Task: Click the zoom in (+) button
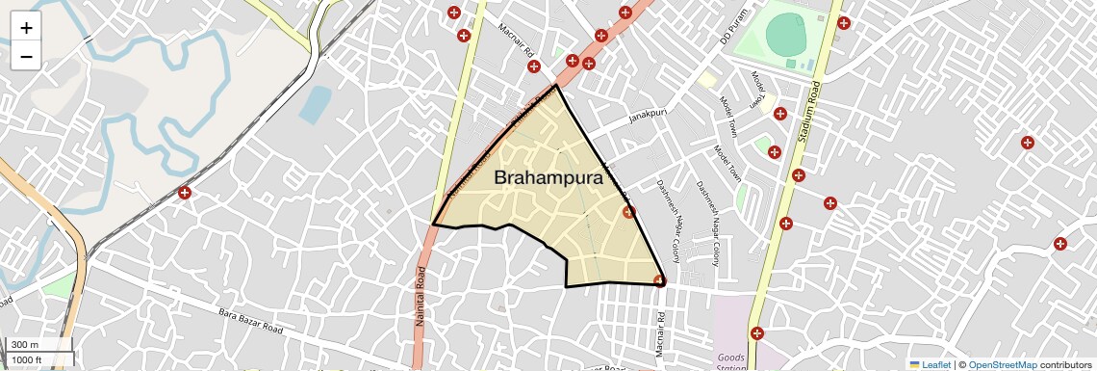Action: pyautogui.click(x=26, y=28)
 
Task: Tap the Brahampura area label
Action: pyautogui.click(x=548, y=178)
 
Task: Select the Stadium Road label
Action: pyautogui.click(x=805, y=108)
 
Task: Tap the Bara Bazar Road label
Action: pyautogui.click(x=251, y=321)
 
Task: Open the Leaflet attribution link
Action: pyautogui.click(x=930, y=365)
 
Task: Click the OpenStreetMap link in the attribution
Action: pyautogui.click(x=1002, y=365)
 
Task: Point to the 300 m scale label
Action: pyautogui.click(x=25, y=345)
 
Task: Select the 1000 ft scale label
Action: pyautogui.click(x=27, y=360)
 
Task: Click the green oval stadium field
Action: pyautogui.click(x=786, y=37)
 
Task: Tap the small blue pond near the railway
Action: pyautogui.click(x=315, y=104)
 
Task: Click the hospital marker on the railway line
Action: pyautogui.click(x=184, y=193)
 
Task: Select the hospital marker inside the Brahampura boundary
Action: pyautogui.click(x=628, y=212)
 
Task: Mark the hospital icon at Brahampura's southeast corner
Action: pyautogui.click(x=659, y=281)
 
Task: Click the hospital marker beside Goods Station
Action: pyautogui.click(x=757, y=333)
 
